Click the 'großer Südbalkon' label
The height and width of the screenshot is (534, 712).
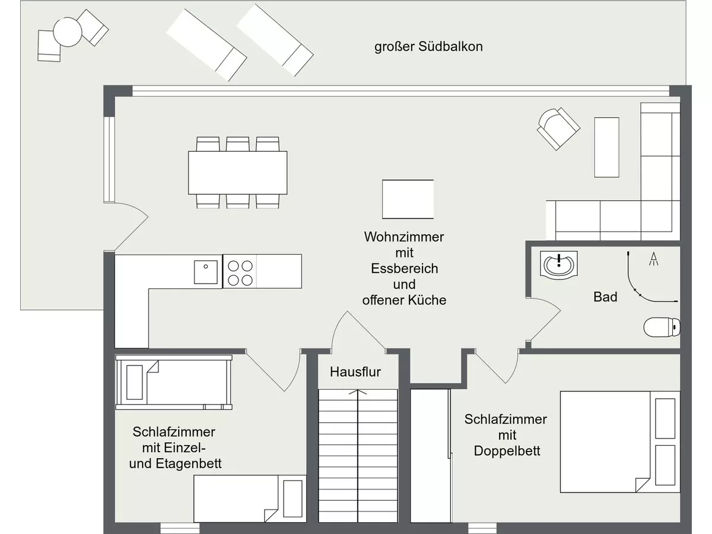[x=428, y=47]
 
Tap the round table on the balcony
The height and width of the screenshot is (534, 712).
[x=68, y=32]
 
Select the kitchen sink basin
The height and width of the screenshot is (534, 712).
[x=206, y=272]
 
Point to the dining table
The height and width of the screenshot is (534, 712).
[x=238, y=173]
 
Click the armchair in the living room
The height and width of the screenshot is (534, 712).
[x=558, y=129]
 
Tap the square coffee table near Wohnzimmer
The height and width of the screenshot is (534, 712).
[x=408, y=199]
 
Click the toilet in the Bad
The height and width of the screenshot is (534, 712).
[x=662, y=327]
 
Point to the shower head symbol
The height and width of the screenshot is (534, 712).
[x=654, y=259]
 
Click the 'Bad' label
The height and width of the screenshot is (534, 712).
[x=605, y=297]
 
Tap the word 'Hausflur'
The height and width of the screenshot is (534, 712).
[x=355, y=372]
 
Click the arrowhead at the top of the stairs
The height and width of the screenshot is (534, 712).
[x=358, y=392]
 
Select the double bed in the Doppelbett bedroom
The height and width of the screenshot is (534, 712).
[x=620, y=441]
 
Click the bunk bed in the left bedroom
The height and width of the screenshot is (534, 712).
[x=174, y=382]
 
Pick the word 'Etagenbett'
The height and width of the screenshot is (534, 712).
[x=189, y=463]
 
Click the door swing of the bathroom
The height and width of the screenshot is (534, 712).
[x=543, y=319]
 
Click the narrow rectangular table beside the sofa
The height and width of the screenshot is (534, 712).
[x=606, y=147]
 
